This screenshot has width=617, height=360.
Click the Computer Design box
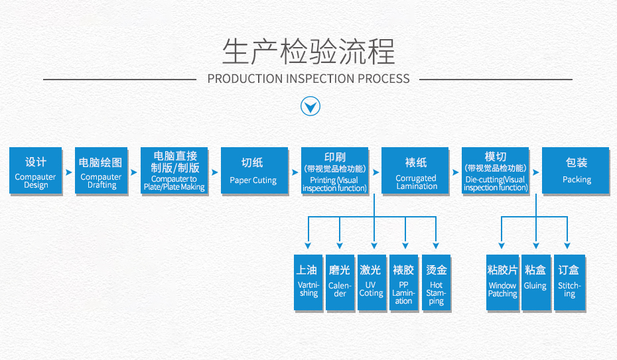[x=36, y=171]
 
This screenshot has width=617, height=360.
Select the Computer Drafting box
[x=101, y=171]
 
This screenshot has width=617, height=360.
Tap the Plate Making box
[x=174, y=171]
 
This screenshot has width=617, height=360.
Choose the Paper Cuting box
[x=252, y=171]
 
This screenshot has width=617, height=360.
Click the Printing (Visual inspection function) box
[x=334, y=171]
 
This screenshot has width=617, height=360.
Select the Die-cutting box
[x=496, y=171]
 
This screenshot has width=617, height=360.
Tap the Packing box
[x=576, y=171]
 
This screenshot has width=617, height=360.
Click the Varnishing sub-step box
[x=308, y=282]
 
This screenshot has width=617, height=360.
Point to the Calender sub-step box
[x=340, y=282]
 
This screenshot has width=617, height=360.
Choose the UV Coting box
[x=371, y=282]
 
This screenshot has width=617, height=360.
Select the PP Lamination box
[x=403, y=282]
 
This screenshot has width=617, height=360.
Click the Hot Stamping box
[x=436, y=282]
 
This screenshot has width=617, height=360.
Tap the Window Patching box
[x=502, y=282]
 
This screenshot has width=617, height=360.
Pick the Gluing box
[x=535, y=282]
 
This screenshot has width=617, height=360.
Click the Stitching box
[x=569, y=282]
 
